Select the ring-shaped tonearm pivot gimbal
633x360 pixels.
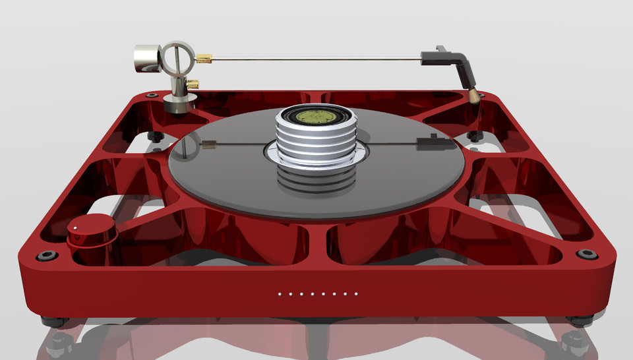[176, 58]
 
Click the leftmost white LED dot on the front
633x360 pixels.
[280, 294]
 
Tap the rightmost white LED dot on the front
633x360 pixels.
[356, 294]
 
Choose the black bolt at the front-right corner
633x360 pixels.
[585, 255]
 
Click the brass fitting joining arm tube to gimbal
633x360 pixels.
[205, 60]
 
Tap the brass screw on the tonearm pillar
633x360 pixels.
[194, 84]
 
